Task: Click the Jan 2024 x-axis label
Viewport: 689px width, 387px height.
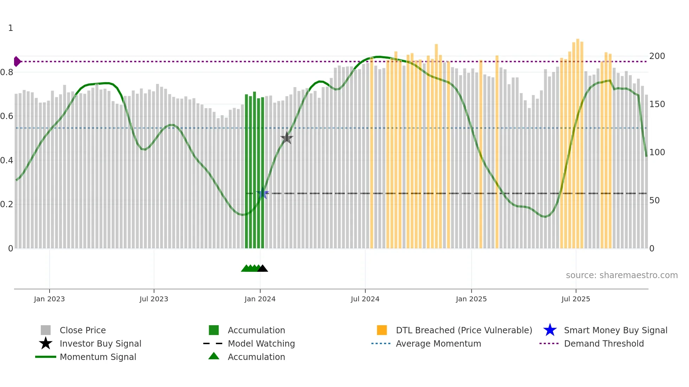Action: click(260, 299)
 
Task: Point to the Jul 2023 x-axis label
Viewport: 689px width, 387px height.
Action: click(154, 299)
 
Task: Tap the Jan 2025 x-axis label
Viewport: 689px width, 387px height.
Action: click(471, 299)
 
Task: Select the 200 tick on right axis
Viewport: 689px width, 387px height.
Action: click(657, 56)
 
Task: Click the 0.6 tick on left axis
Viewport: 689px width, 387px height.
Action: click(7, 116)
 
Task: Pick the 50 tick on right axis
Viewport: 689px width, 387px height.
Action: click(654, 201)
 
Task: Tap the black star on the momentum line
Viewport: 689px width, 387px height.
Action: click(286, 138)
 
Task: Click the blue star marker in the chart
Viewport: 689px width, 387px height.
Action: click(262, 193)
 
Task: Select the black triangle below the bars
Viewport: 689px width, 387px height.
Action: click(263, 269)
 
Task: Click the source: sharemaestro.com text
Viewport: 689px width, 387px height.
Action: click(622, 275)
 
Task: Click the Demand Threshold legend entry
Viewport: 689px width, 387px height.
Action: click(604, 343)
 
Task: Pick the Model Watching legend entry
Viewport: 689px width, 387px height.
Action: click(261, 343)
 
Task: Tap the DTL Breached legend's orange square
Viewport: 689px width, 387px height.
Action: click(382, 330)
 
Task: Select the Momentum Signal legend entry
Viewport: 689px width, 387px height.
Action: click(98, 357)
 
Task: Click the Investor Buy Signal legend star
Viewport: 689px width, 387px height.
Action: click(46, 343)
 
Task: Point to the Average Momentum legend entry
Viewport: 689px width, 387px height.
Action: click(438, 343)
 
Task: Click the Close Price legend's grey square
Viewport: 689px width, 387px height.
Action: click(46, 330)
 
